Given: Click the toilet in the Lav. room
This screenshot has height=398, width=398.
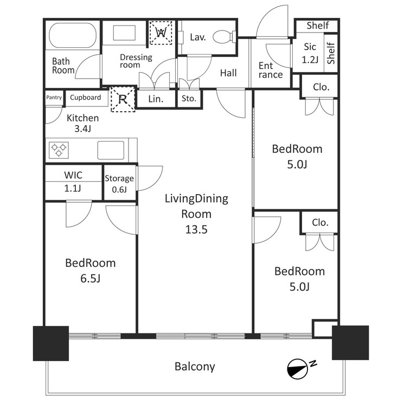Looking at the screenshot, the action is [x=224, y=37].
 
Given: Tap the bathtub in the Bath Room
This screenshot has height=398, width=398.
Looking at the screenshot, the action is [x=73, y=35].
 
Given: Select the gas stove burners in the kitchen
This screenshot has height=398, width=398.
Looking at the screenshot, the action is [x=59, y=150].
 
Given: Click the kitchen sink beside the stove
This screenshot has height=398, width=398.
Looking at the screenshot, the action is [x=111, y=150].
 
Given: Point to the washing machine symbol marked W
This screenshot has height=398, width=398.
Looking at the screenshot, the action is [x=161, y=33].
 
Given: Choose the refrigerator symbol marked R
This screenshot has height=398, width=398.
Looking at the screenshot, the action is [x=123, y=99].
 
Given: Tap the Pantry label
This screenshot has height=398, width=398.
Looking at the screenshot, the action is [x=54, y=98].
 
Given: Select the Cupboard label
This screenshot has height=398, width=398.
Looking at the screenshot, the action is [x=86, y=98].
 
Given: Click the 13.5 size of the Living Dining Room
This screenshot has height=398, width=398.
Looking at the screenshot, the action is [x=196, y=229].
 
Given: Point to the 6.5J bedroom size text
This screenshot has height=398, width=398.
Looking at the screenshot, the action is [x=91, y=279].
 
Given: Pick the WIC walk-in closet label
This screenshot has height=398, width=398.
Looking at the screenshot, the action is [x=73, y=175].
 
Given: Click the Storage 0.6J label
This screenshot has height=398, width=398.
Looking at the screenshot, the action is [x=119, y=184].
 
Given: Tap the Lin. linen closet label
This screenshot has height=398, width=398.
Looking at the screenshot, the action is [x=156, y=99].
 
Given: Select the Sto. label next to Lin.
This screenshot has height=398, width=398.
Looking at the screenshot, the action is [x=189, y=99].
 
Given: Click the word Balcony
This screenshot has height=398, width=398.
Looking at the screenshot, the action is [x=195, y=367].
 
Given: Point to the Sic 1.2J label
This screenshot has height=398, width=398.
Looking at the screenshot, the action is [x=310, y=53].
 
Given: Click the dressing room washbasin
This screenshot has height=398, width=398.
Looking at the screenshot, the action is [x=124, y=33].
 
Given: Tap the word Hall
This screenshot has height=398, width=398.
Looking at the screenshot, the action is [x=228, y=73].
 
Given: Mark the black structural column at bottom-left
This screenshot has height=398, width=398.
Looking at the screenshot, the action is [x=51, y=343].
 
